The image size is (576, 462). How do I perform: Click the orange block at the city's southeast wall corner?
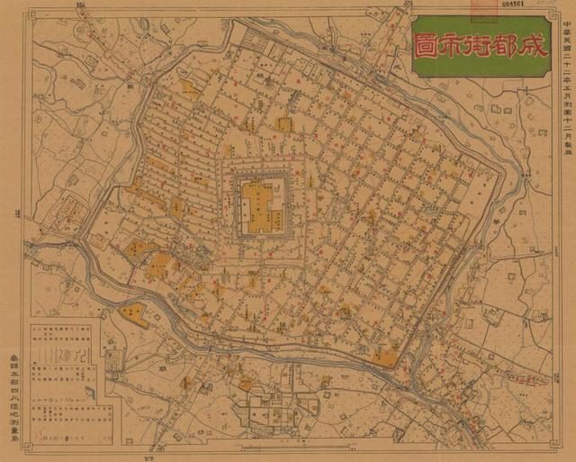tap(385, 358)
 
